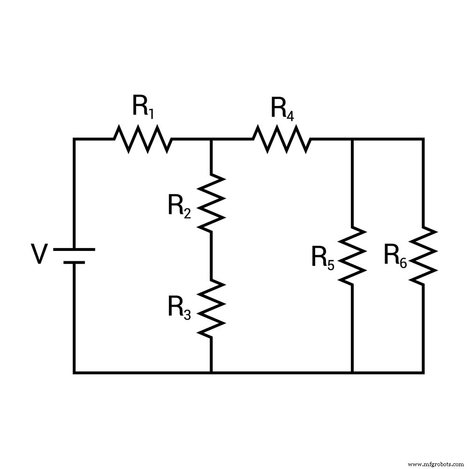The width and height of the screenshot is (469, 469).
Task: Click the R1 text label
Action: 143,106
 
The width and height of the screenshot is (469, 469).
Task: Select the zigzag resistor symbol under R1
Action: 143,139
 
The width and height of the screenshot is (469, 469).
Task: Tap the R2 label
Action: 180,207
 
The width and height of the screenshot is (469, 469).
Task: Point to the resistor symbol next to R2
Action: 211,203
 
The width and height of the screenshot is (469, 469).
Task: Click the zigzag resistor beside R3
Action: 211,308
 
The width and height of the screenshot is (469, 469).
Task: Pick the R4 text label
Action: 283,109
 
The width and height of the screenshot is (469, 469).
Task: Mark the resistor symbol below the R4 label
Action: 282,139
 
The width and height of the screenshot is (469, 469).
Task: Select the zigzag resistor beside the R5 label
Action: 352,256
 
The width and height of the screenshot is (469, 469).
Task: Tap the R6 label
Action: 395,256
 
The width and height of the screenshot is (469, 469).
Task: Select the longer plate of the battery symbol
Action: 74,250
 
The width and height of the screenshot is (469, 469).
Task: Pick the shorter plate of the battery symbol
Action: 74,262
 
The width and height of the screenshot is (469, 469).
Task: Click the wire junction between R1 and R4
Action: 211,139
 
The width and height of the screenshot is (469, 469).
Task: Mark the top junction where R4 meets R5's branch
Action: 352,139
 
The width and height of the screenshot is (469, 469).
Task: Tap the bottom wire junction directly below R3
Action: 211,372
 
